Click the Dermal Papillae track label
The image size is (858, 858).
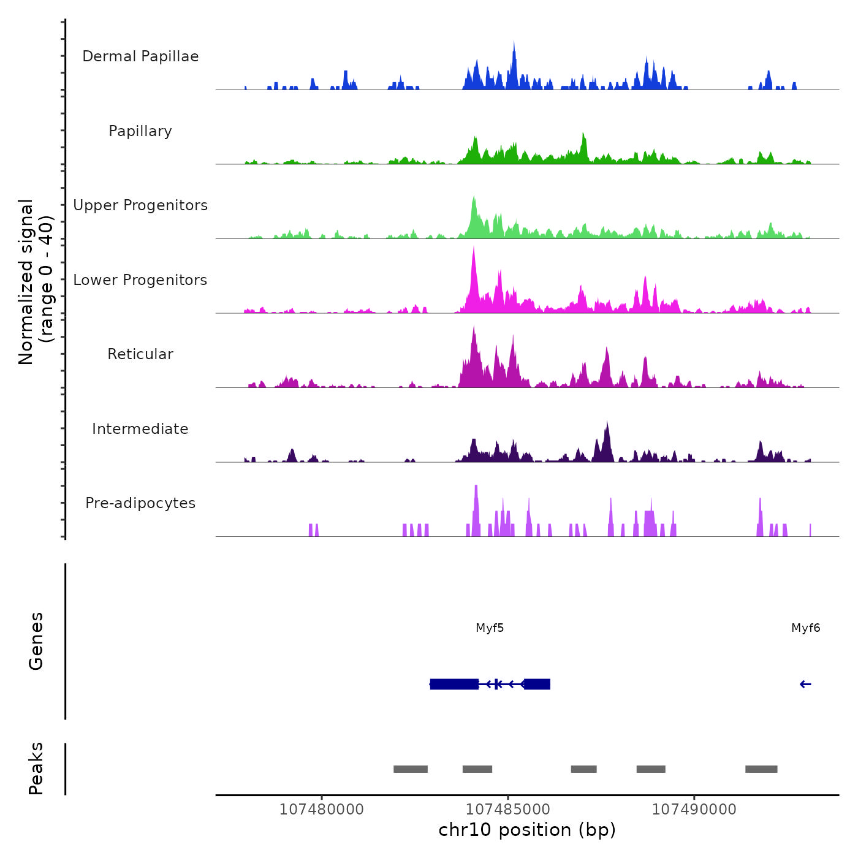coord(140,56)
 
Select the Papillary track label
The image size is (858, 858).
coord(140,131)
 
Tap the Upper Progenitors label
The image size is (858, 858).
coord(140,205)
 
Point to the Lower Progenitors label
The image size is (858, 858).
coord(140,280)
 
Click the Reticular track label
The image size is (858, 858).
coord(140,354)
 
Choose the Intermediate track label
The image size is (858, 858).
coord(140,429)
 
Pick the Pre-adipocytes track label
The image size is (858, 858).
coord(140,503)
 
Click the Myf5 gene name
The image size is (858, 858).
coord(490,628)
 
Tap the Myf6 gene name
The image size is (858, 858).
coord(805,628)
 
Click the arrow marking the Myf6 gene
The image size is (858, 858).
coord(805,685)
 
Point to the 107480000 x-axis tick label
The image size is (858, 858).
coord(321,810)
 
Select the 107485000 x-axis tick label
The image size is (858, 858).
coord(508,810)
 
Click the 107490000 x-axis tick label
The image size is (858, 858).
coord(694,810)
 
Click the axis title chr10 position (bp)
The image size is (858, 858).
coord(527,830)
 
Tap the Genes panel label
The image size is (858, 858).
coord(36,641)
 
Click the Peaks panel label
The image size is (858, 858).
coord(36,769)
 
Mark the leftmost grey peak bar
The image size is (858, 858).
coord(410,769)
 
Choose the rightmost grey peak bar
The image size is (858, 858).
coord(761,769)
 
